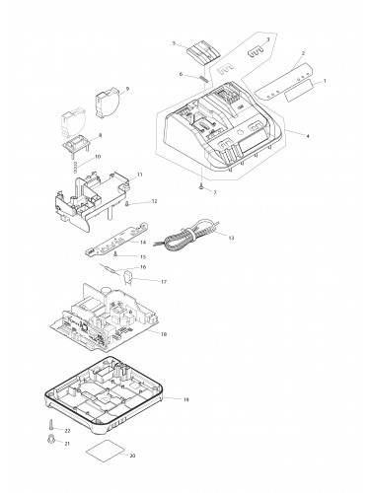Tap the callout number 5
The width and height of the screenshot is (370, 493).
tap(173, 43)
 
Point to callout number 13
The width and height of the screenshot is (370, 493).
tap(231, 238)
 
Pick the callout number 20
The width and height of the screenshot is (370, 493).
tap(132, 456)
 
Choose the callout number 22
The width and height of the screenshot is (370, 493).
tap(66, 432)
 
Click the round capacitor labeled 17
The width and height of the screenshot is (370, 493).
tap(127, 279)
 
